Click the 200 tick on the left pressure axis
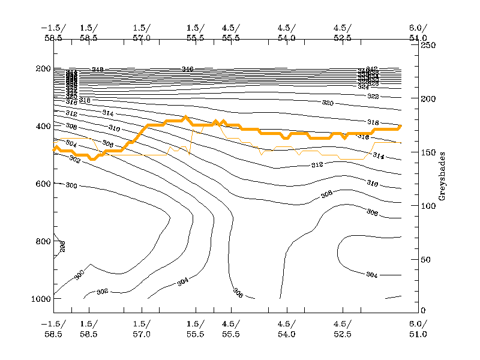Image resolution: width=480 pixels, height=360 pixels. [44, 68]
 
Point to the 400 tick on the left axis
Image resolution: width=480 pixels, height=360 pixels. [44, 126]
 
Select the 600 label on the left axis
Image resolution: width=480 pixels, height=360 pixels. [44, 184]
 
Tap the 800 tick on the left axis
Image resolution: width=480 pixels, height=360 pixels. [44, 241]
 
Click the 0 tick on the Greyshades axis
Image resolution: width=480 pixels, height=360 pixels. [424, 310]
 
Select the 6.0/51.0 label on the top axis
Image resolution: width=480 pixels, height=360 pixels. [418, 32]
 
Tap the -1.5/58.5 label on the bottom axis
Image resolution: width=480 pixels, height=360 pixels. [53, 329]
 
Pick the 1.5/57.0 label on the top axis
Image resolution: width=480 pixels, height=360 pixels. [142, 32]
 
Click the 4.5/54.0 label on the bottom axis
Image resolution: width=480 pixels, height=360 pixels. [287, 329]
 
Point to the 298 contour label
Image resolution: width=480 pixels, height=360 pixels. [62, 245]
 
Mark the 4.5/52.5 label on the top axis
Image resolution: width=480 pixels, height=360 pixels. [343, 32]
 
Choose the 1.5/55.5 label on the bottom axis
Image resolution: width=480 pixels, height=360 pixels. [196, 329]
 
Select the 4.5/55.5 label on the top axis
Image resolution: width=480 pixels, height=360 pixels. [231, 32]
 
